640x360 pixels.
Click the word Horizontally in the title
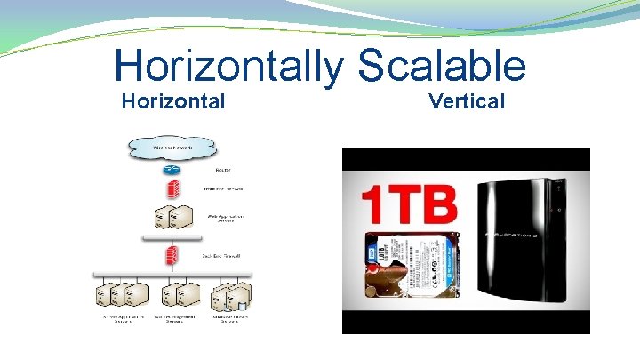coord(227,68)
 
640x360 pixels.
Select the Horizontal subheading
coord(172,101)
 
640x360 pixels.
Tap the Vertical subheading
coord(467,101)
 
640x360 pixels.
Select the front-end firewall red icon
coord(172,189)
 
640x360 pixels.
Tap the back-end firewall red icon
coord(172,255)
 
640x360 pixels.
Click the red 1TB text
coord(410,202)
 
